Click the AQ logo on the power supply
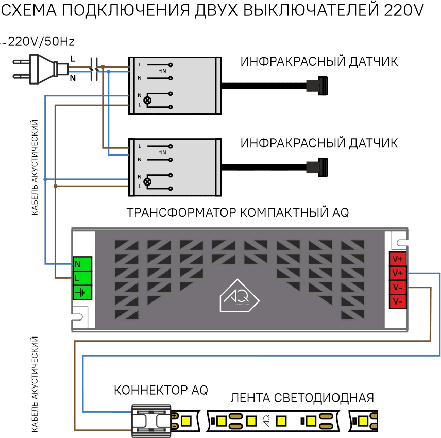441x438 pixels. click(239, 296)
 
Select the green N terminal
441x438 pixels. click(82, 264)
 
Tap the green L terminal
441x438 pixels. click(82, 278)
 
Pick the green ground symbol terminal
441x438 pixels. click(82, 293)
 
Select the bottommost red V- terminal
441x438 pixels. click(398, 301)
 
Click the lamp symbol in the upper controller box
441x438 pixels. click(148, 100)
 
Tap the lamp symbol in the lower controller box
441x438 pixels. click(148, 181)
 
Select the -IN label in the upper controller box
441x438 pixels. click(163, 71)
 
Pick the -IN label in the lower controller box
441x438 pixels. click(163, 153)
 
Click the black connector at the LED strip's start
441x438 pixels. click(149, 418)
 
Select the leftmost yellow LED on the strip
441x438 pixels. click(186, 421)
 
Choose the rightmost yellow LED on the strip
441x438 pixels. click(370, 421)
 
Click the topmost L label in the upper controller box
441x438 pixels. click(140, 64)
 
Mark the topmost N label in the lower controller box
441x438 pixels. click(140, 160)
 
